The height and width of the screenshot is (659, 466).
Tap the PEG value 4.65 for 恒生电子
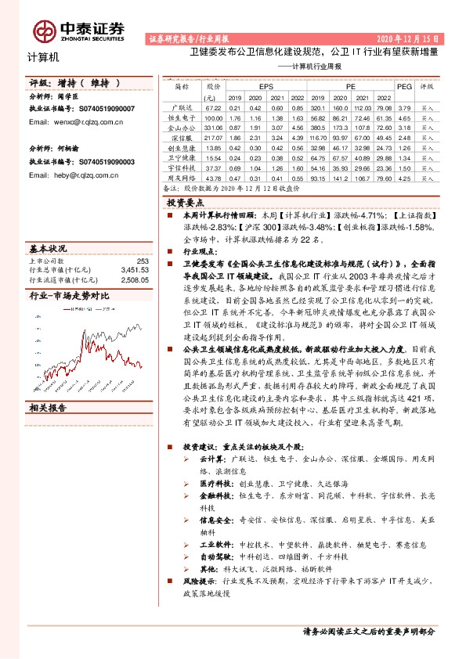pos(404,116)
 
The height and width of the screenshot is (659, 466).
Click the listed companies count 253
pos(143,260)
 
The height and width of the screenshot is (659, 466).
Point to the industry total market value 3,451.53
pos(135,268)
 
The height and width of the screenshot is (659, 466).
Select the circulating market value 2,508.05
pos(135,278)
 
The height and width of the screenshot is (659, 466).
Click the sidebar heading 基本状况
pos(48,247)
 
